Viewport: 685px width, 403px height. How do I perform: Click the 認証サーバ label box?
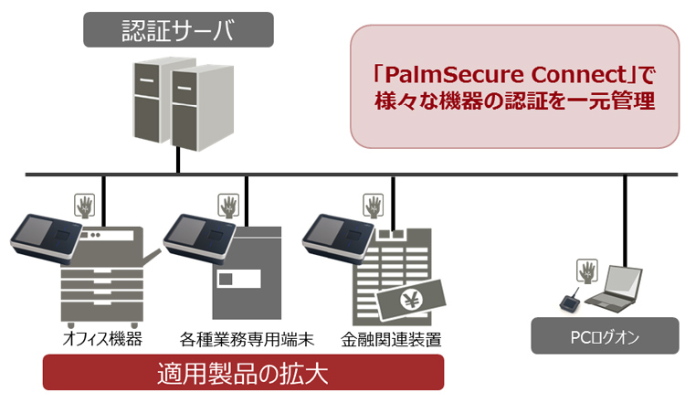click(x=178, y=29)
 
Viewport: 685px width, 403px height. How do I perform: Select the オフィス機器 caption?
click(x=102, y=339)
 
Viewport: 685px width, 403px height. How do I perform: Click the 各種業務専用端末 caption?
click(x=248, y=339)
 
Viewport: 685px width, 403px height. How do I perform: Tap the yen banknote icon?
click(x=410, y=298)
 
